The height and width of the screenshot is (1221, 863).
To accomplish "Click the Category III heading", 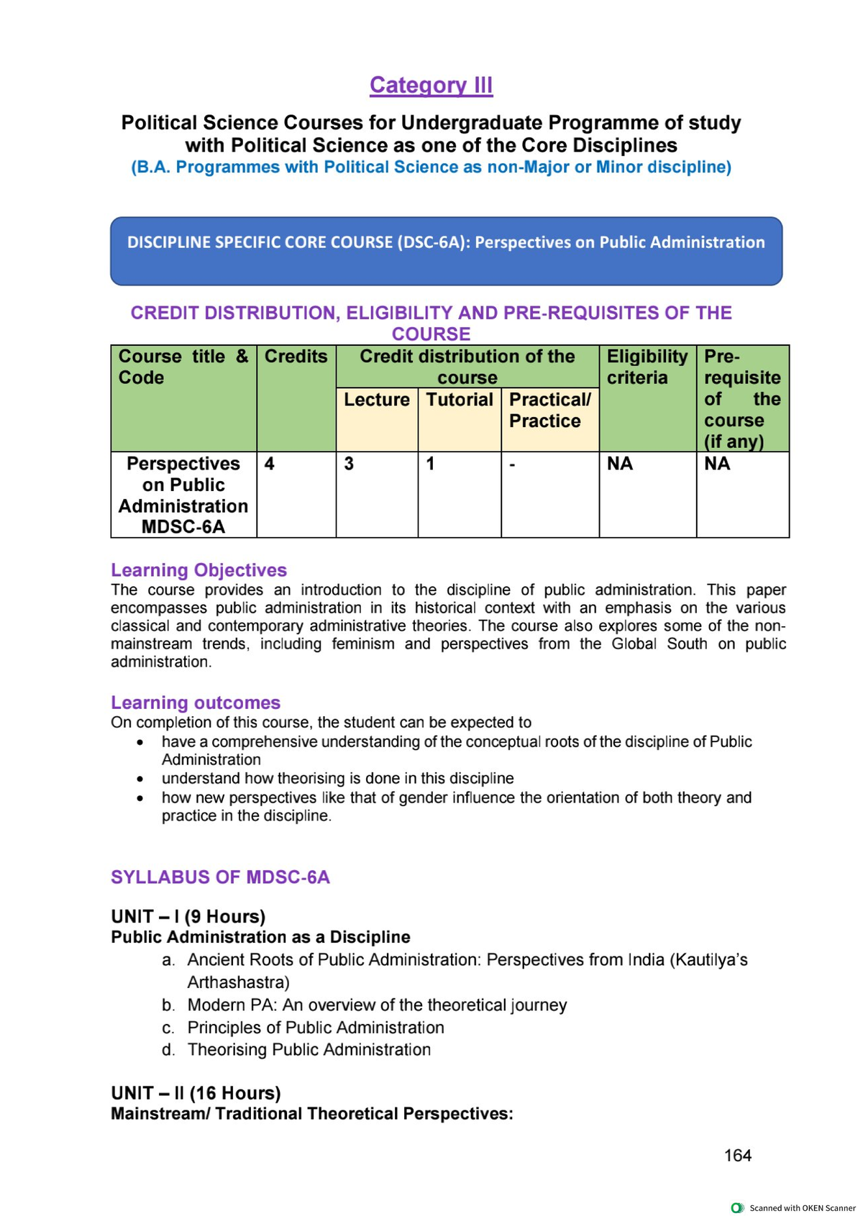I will coord(431,85).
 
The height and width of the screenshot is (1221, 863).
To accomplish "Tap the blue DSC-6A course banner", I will coord(446,251).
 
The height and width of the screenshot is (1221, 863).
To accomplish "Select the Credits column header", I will coord(296,357).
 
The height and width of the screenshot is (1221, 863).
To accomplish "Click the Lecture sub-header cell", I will coord(377,400).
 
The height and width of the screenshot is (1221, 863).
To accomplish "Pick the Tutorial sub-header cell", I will coord(460,400).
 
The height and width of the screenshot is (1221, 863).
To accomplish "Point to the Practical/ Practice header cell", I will coord(549,411).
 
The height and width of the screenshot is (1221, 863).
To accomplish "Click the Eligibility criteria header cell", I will coord(647,367).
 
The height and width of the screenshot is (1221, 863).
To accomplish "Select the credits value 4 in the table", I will coord(270,464).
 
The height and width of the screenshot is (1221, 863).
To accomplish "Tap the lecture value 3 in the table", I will coord(349,464).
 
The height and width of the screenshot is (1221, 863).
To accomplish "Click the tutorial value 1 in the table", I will coord(430,464).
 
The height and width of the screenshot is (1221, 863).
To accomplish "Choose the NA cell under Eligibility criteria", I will coord(620,464).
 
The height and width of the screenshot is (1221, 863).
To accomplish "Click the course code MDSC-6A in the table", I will coord(183,527).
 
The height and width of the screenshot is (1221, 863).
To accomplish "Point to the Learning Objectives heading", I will coord(198,570).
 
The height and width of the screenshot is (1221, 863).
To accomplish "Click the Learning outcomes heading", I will coord(196,703).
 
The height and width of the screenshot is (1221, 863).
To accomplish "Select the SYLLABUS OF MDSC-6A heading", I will coord(220,877).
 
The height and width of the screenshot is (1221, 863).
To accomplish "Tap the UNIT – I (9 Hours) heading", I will coord(188,917).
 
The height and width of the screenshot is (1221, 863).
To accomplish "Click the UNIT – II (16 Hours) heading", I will coord(196,1093).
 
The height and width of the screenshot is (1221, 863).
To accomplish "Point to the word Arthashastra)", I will coord(238,982).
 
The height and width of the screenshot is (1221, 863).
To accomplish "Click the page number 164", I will coord(737,1156).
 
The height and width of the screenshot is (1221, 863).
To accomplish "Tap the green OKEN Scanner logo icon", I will coord(736,1208).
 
